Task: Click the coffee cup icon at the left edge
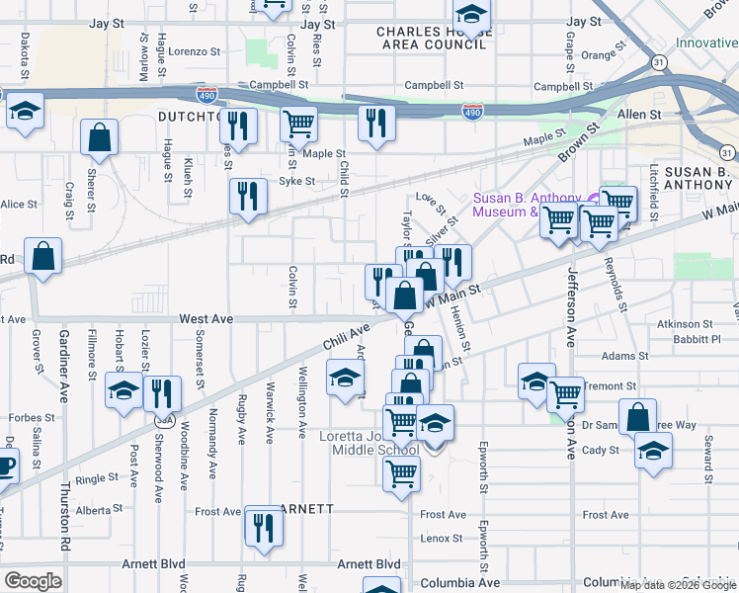tap(4, 465)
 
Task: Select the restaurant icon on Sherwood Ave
tap(162, 393)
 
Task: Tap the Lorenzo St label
tap(194, 50)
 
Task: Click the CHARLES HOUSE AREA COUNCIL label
tap(435, 38)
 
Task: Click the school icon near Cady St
tap(653, 454)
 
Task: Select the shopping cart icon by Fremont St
tap(566, 394)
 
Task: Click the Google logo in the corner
tap(32, 581)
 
